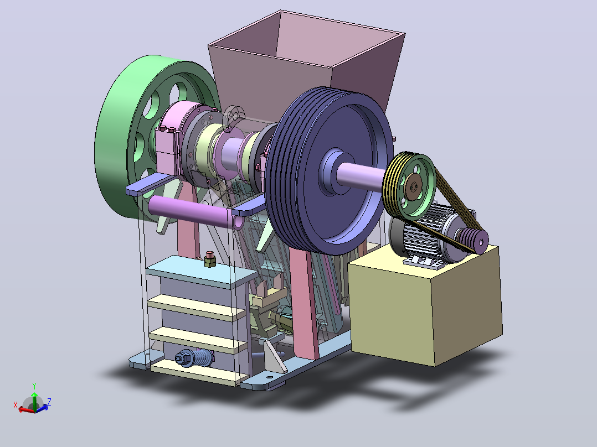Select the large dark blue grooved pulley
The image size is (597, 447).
pos(327,171)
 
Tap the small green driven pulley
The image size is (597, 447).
pos(409,186)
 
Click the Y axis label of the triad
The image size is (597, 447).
pos(34,386)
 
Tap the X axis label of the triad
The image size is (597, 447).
pos(16,405)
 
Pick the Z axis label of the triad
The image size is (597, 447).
pos(49,402)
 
